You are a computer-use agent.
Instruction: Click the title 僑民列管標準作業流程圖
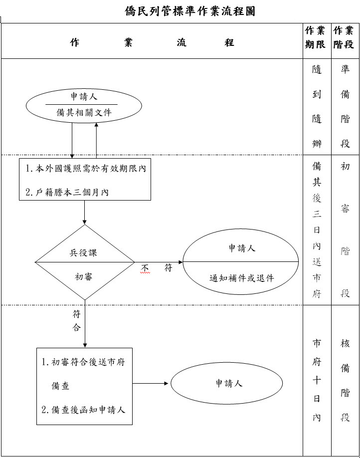tap(190, 11)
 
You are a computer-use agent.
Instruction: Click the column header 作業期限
tap(316, 37)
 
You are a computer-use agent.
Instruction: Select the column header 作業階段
tap(345, 37)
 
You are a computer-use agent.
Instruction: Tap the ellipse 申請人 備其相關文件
tap(84, 105)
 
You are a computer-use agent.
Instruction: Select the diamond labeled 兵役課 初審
tap(85, 262)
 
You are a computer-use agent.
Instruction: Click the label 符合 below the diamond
tap(76, 321)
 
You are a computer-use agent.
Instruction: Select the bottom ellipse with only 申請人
tap(229, 383)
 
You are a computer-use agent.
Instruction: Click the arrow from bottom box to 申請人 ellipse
tap(151, 383)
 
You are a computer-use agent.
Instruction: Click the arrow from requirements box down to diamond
tap(85, 212)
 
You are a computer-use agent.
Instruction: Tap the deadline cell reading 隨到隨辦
tap(317, 107)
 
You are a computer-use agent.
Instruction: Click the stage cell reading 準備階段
tap(345, 107)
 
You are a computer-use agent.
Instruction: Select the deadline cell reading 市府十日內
tap(317, 380)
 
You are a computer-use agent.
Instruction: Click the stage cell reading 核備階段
tap(345, 380)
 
